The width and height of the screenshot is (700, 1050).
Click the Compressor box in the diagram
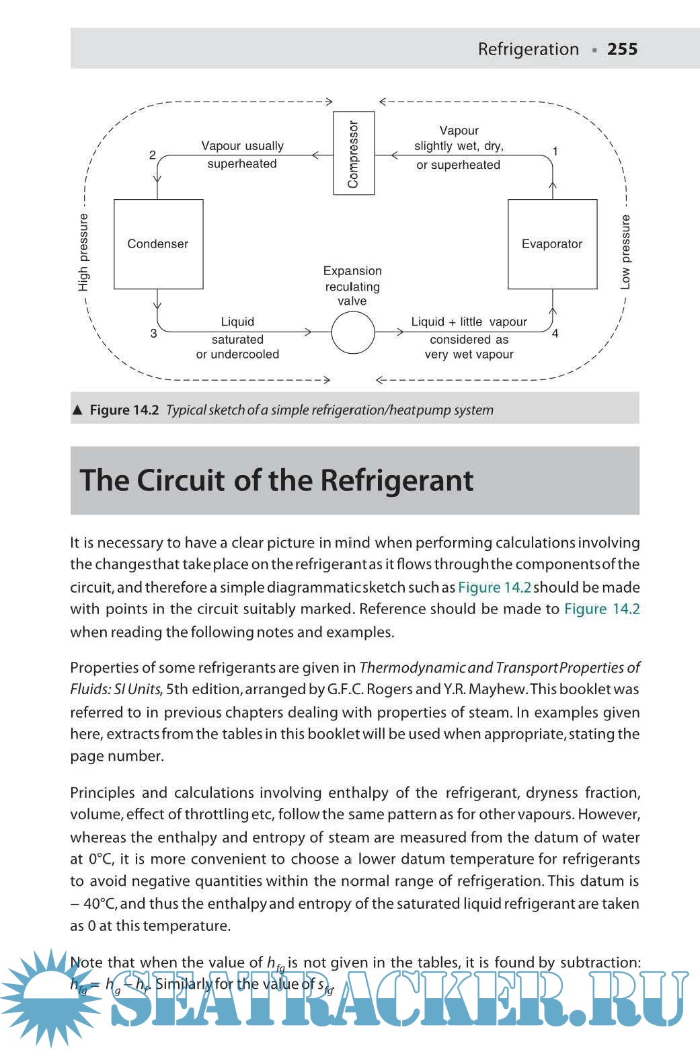point(354,153)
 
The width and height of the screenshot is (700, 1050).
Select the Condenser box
point(158,243)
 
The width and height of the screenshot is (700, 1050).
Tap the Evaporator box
point(552,243)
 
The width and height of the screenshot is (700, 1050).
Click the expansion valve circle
point(352,332)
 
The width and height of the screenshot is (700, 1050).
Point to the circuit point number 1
point(555,151)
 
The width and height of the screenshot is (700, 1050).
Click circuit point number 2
point(153,155)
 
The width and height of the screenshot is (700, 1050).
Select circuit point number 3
point(153,333)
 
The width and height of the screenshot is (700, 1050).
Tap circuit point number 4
point(555,333)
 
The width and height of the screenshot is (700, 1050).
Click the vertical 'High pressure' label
point(83,252)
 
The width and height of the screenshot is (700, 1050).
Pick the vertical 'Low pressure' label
point(625,252)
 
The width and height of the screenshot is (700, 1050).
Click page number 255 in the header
point(622,49)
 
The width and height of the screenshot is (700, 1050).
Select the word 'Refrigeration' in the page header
point(528,49)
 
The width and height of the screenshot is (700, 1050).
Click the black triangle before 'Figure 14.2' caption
point(77,410)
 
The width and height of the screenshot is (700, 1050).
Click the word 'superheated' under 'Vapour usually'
point(242,163)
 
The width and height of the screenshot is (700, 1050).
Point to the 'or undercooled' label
point(237,354)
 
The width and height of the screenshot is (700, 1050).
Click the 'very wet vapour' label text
point(469,354)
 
